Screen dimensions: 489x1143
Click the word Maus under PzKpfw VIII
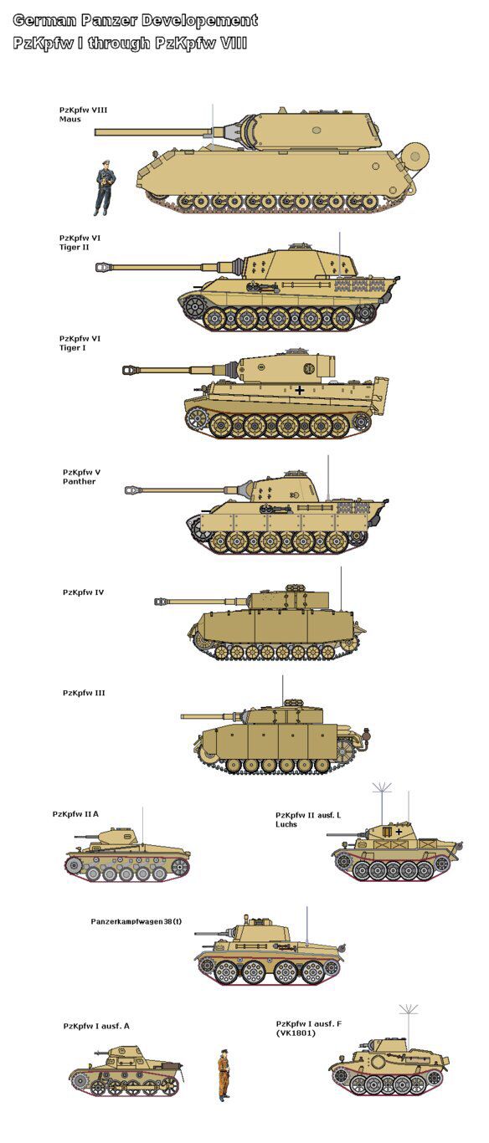pos(70,120)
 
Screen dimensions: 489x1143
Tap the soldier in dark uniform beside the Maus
pos(105,188)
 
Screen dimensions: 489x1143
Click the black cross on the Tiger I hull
pos(300,391)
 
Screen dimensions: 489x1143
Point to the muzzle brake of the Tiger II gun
pos(104,266)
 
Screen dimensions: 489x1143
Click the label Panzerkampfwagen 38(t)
pos(136,921)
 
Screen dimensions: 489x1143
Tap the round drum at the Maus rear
pos(415,154)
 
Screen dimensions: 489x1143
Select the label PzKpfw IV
pos(83,592)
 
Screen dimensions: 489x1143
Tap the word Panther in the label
pos(79,481)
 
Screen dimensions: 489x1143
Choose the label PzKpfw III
pos(84,693)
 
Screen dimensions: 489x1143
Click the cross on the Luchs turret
pos(399,832)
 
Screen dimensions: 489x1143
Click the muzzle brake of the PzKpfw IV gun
pos(162,602)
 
